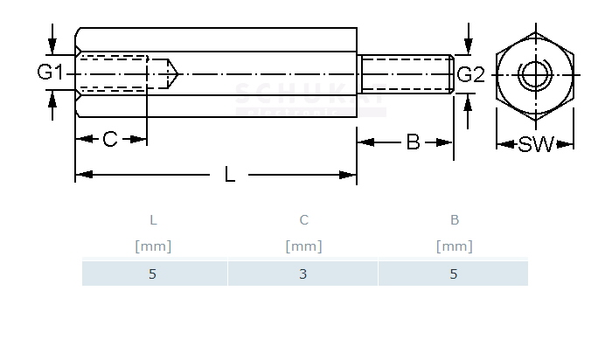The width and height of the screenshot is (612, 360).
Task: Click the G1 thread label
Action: [x=50, y=73]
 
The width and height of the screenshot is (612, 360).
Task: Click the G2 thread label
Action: [x=470, y=74]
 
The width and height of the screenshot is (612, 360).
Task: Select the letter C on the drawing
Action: [x=110, y=139]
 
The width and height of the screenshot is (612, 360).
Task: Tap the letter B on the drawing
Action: [x=414, y=142]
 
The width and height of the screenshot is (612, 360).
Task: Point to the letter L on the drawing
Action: [x=230, y=175]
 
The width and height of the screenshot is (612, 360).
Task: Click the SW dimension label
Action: [x=536, y=145]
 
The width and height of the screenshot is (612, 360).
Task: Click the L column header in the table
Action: [x=153, y=220]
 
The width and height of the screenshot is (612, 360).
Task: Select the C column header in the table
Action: [x=303, y=220]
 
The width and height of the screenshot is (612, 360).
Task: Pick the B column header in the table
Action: [x=454, y=220]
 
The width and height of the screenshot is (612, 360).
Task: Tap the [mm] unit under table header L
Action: [x=153, y=246]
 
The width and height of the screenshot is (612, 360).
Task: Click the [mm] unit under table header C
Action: [x=303, y=246]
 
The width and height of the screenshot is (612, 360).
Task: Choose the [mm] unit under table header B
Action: [x=454, y=246]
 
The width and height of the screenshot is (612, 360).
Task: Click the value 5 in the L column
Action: [x=153, y=273]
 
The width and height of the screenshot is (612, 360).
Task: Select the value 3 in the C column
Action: [x=303, y=273]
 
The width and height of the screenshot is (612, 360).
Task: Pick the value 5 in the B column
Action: [x=454, y=273]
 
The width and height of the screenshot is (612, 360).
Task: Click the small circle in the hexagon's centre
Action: [x=534, y=74]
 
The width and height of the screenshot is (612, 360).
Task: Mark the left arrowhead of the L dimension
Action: [x=81, y=176]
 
